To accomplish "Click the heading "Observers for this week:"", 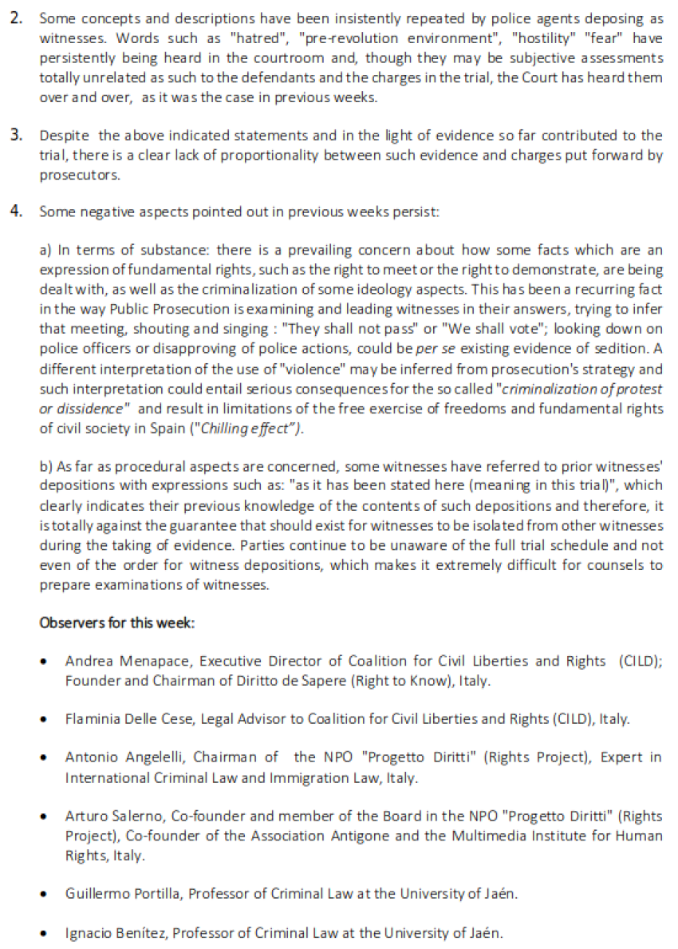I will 116,623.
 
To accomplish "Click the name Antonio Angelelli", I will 116,757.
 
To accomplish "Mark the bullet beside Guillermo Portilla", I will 46,894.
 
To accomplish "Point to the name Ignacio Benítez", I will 109,932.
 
